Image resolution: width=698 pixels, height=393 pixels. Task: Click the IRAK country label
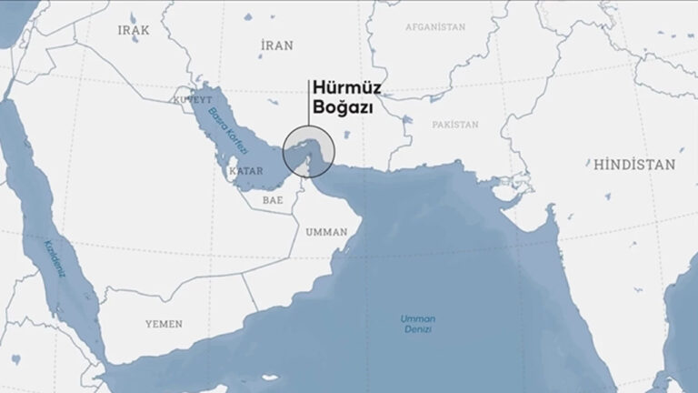(x=134, y=30)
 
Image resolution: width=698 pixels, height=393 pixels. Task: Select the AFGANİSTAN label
(x=434, y=27)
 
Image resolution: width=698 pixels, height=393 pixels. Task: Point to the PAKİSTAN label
(x=454, y=124)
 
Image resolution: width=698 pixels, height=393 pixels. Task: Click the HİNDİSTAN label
(x=633, y=166)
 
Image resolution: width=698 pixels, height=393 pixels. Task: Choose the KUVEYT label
(x=193, y=98)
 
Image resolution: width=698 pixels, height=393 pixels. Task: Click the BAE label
(x=273, y=198)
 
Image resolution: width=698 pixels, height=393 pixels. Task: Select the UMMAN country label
(x=326, y=232)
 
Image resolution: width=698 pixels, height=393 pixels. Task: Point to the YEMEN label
(x=164, y=324)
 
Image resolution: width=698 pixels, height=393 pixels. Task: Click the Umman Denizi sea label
(x=418, y=325)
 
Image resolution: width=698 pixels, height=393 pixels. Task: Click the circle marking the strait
(x=309, y=150)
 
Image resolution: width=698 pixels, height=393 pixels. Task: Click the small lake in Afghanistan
(x=437, y=94)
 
